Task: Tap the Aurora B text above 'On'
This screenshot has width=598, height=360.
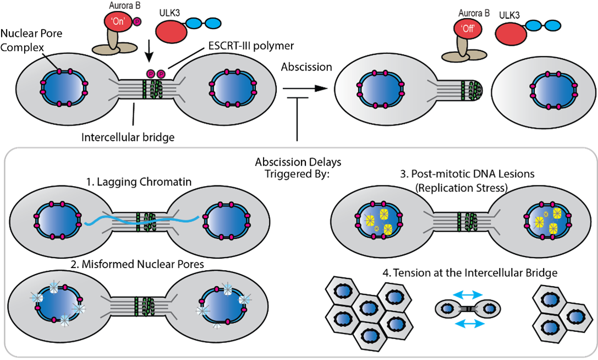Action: coord(124,6)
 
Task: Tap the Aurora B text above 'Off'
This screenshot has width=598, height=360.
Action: coord(474,13)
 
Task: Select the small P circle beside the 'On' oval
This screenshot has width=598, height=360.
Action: coord(137,21)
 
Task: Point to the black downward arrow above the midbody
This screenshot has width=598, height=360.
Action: coord(150,54)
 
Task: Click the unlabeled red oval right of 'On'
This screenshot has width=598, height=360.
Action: coord(171,32)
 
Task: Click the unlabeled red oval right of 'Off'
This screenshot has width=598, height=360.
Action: coord(511,34)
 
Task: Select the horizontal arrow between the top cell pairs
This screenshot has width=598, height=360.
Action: coord(308,88)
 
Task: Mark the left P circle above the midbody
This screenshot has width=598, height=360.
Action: coord(150,74)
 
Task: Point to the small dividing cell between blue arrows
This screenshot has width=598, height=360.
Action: coord(468,309)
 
